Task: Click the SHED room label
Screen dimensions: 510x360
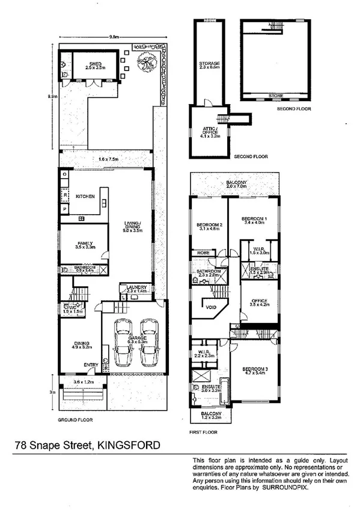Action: coord(92,64)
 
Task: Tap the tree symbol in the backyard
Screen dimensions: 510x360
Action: coord(146,61)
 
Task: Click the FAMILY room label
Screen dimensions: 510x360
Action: coord(84,243)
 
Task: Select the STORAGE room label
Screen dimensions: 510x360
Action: coord(210,63)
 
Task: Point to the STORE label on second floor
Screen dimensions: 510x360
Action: coord(276,96)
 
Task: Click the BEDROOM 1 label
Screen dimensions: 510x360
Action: coord(253,218)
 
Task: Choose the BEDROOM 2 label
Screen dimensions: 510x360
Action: coord(210,225)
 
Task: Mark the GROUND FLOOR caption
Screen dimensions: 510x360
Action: coord(75,420)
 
